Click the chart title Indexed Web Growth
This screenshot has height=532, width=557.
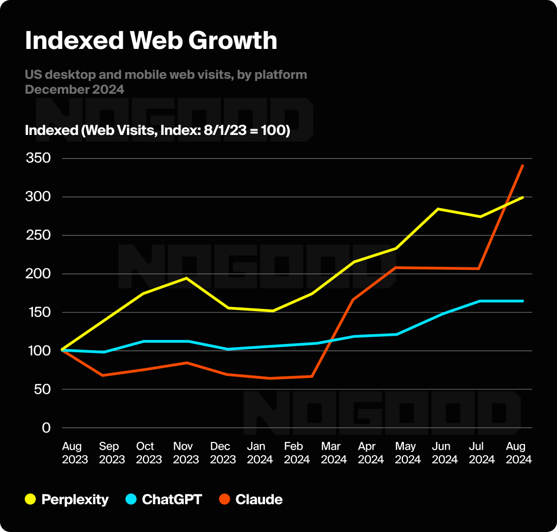(x=151, y=41)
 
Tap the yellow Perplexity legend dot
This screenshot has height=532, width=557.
(x=31, y=499)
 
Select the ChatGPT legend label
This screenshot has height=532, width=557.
(x=172, y=499)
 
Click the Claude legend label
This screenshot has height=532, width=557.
(x=259, y=499)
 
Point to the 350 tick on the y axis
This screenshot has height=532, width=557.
(x=38, y=158)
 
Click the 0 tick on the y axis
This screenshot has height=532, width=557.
(x=46, y=427)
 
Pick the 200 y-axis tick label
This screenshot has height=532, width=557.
(x=38, y=273)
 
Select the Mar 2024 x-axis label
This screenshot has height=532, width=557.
(x=334, y=453)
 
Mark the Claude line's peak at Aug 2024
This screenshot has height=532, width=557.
(x=523, y=165)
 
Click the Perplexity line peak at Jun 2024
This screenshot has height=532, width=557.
(x=438, y=209)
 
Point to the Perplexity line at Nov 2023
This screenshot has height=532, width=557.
(x=186, y=278)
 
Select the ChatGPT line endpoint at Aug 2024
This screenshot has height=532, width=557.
(x=523, y=301)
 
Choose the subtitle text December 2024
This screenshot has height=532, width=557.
(x=74, y=89)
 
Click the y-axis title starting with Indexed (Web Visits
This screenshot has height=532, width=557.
(x=157, y=130)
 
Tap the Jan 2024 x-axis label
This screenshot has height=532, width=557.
(x=260, y=453)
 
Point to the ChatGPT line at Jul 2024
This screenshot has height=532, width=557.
(x=480, y=301)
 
